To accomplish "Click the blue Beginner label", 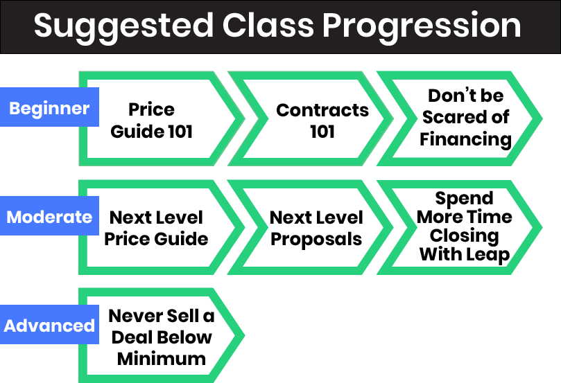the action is pos(49,107).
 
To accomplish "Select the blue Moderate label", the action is pos(49,216).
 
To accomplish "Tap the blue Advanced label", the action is pos(49,324).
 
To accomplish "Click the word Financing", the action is pos(465,139).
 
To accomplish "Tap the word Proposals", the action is pos(316,240).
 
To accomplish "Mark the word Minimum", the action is pos(162,359).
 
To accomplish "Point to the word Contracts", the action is pos(322,110).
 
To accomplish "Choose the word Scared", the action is pos(452,117).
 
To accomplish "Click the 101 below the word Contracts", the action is pos(322,132).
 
